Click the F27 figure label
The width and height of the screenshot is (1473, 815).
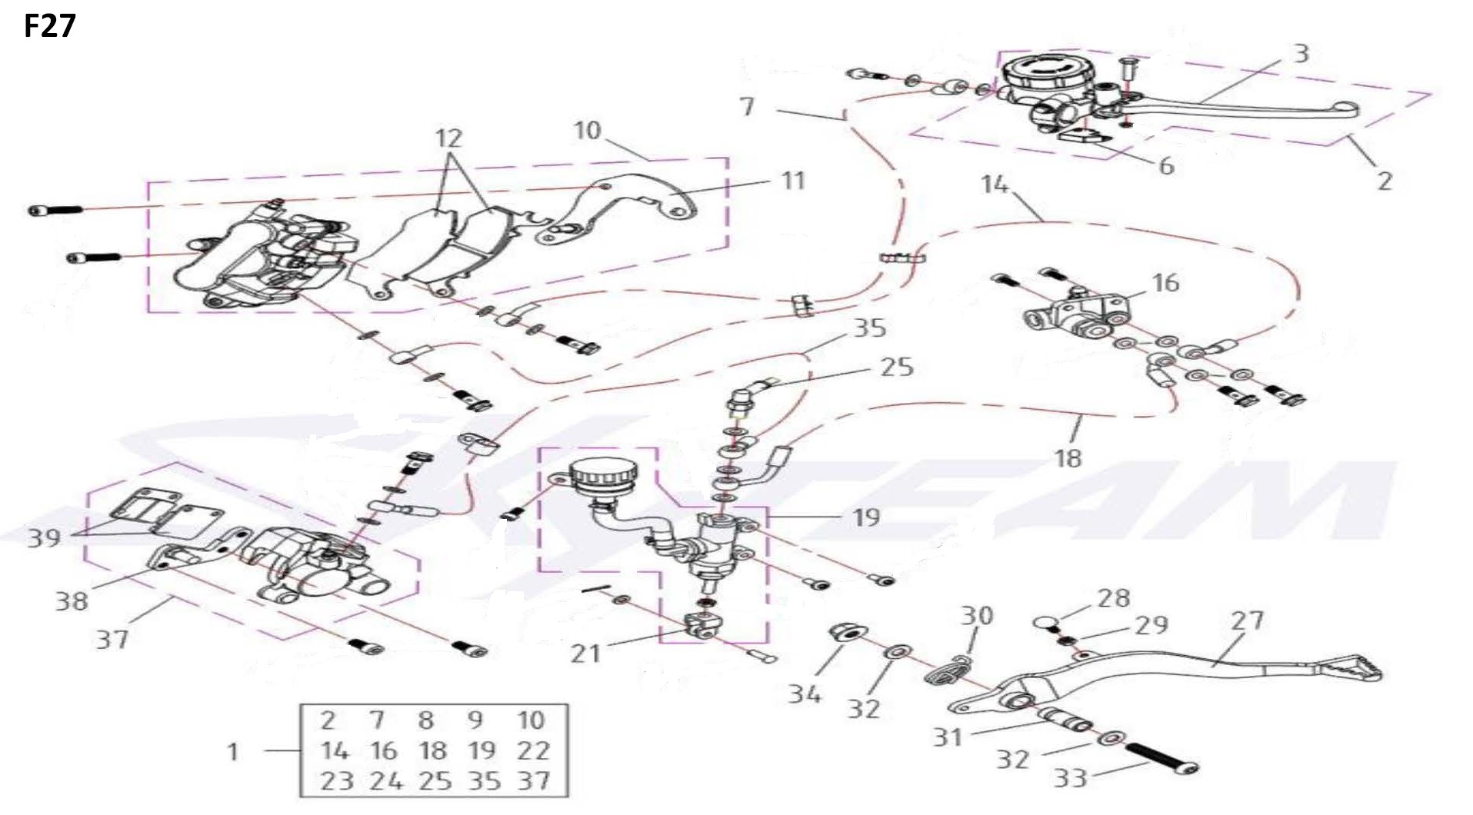(50, 27)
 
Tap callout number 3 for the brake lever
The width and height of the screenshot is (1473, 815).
(1301, 53)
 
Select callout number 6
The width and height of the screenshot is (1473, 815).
(1166, 165)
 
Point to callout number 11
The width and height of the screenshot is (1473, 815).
(792, 181)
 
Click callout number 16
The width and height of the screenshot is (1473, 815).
(1165, 282)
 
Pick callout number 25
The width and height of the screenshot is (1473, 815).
(897, 367)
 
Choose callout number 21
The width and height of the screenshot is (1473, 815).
(586, 653)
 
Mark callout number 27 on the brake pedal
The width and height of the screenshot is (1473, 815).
(1247, 620)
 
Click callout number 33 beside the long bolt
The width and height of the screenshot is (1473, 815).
(1070, 777)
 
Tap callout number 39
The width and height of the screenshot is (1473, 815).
(44, 537)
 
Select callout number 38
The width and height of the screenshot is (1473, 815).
(71, 600)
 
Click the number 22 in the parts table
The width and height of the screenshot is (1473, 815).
(533, 750)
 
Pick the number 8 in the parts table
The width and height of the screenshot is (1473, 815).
(425, 720)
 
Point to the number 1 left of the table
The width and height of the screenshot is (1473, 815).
(233, 751)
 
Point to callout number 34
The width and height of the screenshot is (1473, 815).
(805, 694)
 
